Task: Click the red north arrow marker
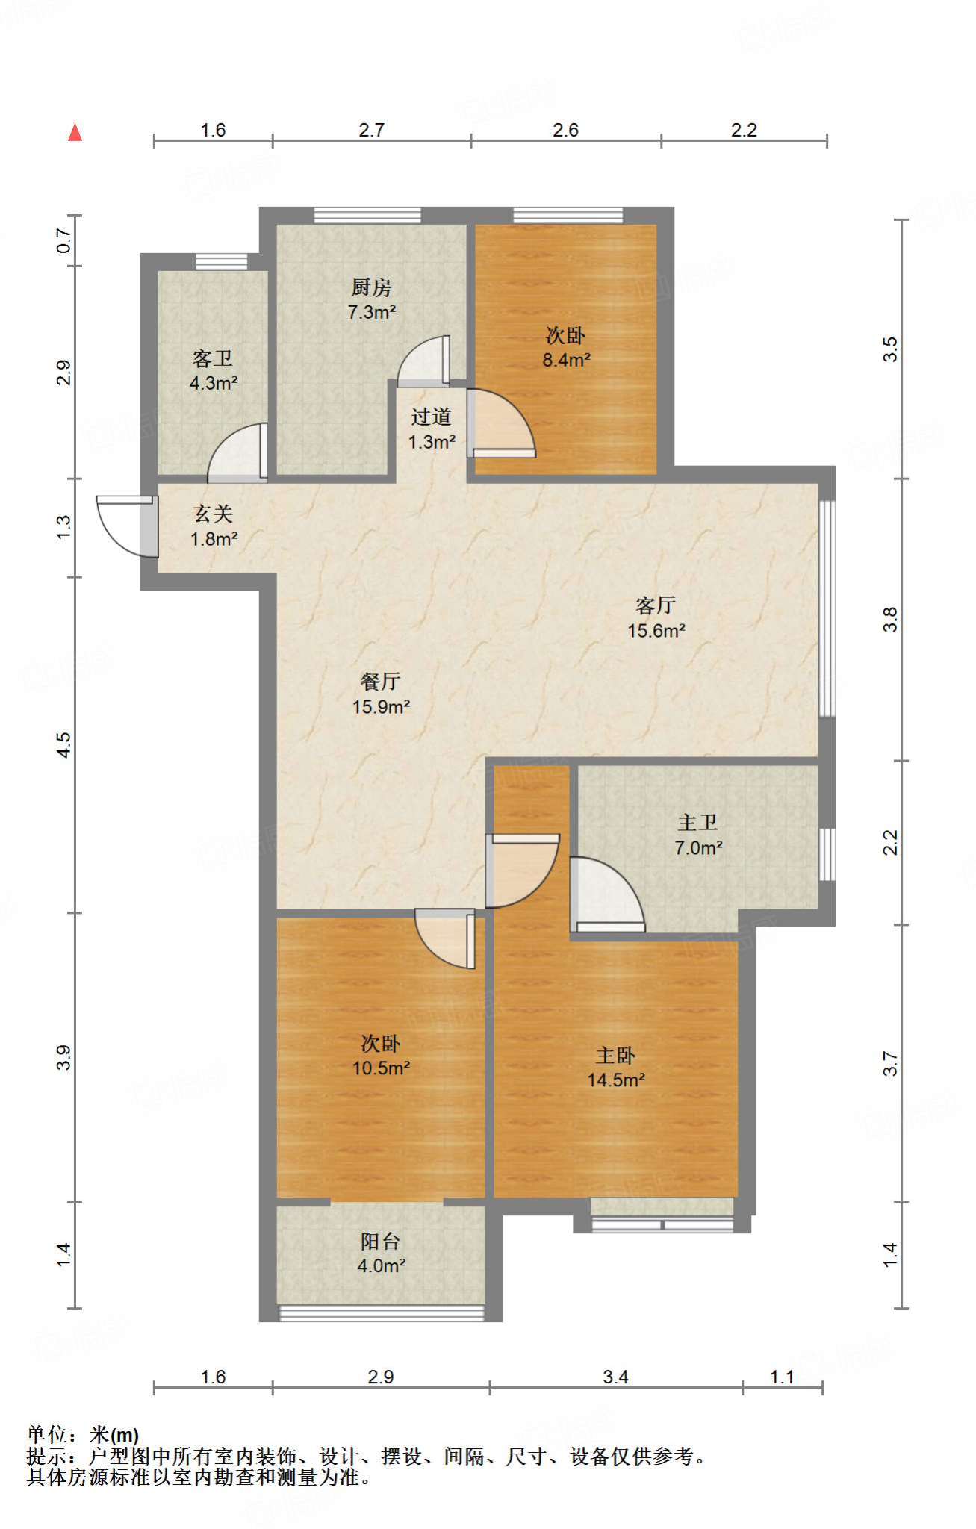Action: [75, 132]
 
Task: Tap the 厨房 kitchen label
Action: [371, 287]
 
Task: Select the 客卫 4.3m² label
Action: [214, 371]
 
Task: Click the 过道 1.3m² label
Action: [432, 429]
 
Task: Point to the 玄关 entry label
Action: [214, 514]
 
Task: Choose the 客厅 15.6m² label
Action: [656, 617]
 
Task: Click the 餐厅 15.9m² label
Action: [381, 694]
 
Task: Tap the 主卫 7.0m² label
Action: [698, 835]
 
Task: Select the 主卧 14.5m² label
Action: [616, 1068]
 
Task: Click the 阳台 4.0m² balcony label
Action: [381, 1254]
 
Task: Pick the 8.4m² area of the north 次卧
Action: [566, 360]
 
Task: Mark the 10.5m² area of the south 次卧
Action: [381, 1068]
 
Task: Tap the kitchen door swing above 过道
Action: [424, 361]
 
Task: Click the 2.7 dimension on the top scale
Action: [371, 130]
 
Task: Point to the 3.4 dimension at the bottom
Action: [615, 1377]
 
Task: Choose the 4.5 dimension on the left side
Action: [64, 744]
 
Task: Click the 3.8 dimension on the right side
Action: [890, 620]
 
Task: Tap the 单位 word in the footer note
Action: [47, 1435]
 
